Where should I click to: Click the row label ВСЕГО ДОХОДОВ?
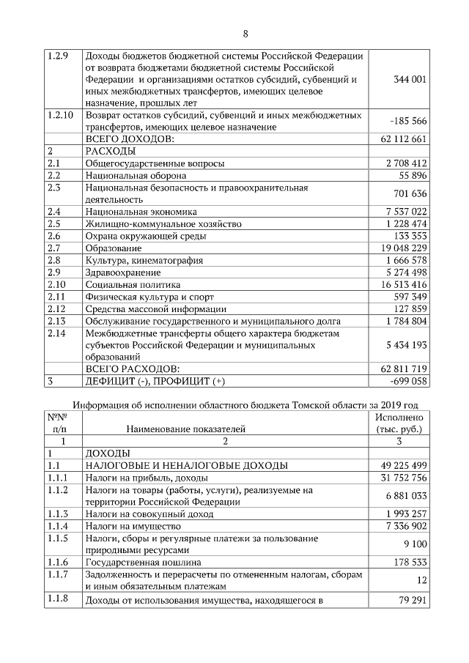(130, 138)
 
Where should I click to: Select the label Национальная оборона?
(136, 176)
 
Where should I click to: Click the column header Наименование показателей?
(185, 429)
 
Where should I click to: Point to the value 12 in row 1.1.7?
(421, 580)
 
